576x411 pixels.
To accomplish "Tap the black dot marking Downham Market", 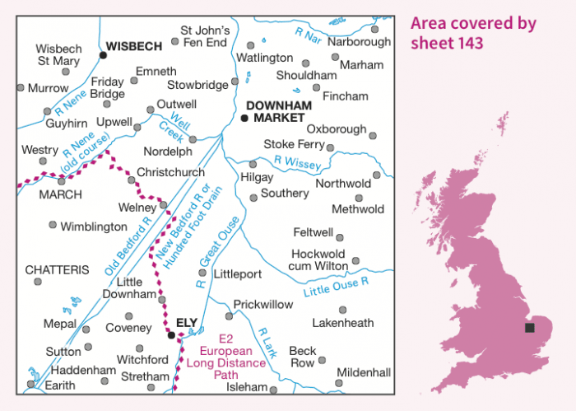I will point(244,118).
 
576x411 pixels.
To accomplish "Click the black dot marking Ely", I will point(171,335).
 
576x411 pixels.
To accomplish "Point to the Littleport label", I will point(237,273).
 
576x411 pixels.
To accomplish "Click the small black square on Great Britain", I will point(528,328).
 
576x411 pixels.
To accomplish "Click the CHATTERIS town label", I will point(57,269).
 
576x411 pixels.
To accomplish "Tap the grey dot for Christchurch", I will point(131,180).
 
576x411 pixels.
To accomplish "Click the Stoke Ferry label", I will point(294,143).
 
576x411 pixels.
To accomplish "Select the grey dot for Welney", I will point(163,205).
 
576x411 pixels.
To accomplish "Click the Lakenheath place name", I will point(343,323).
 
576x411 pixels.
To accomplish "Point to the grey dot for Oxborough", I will point(372,136).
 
